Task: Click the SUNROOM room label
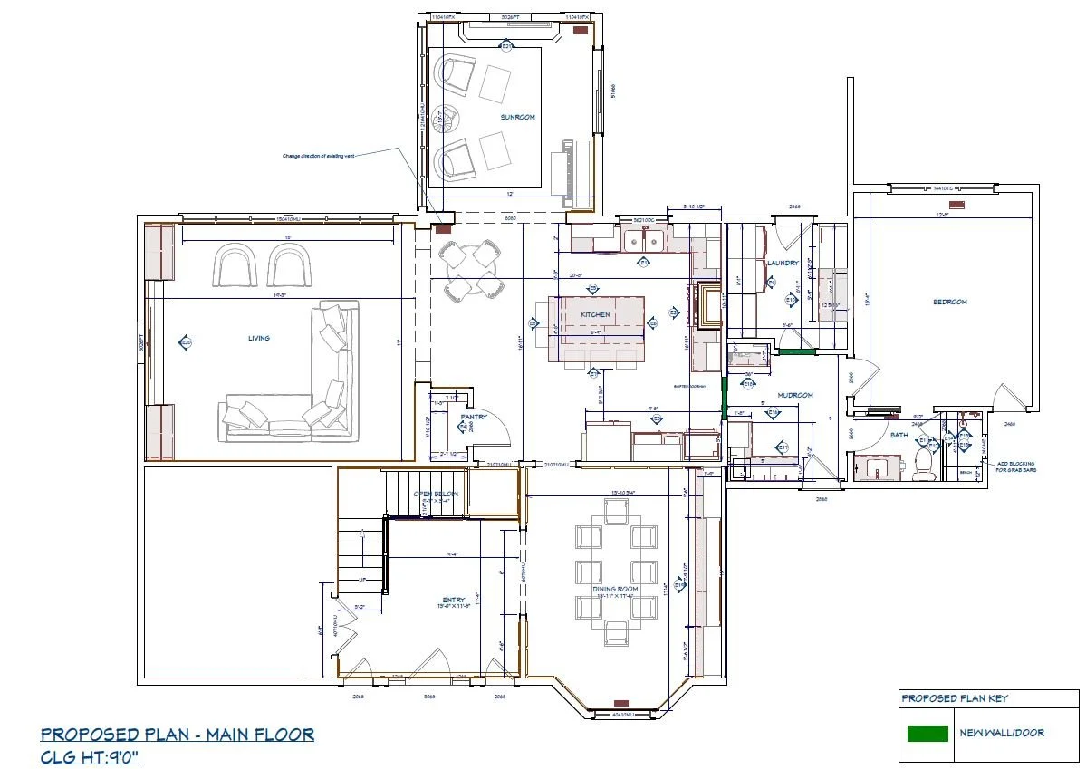tap(518, 117)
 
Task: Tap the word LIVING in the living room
tap(259, 338)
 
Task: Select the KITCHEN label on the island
tap(595, 314)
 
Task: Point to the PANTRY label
tap(474, 417)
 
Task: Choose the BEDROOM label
tap(950, 302)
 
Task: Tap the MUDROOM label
tap(795, 395)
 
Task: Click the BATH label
tap(899, 435)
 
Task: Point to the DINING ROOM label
tap(617, 589)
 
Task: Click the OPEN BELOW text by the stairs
tap(436, 494)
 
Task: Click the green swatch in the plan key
tap(927, 733)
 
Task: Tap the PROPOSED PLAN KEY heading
tap(954, 698)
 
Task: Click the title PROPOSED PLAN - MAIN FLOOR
tap(178, 734)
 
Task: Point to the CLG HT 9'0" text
tap(89, 756)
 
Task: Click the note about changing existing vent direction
tap(317, 156)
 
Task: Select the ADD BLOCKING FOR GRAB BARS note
tap(1016, 466)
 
